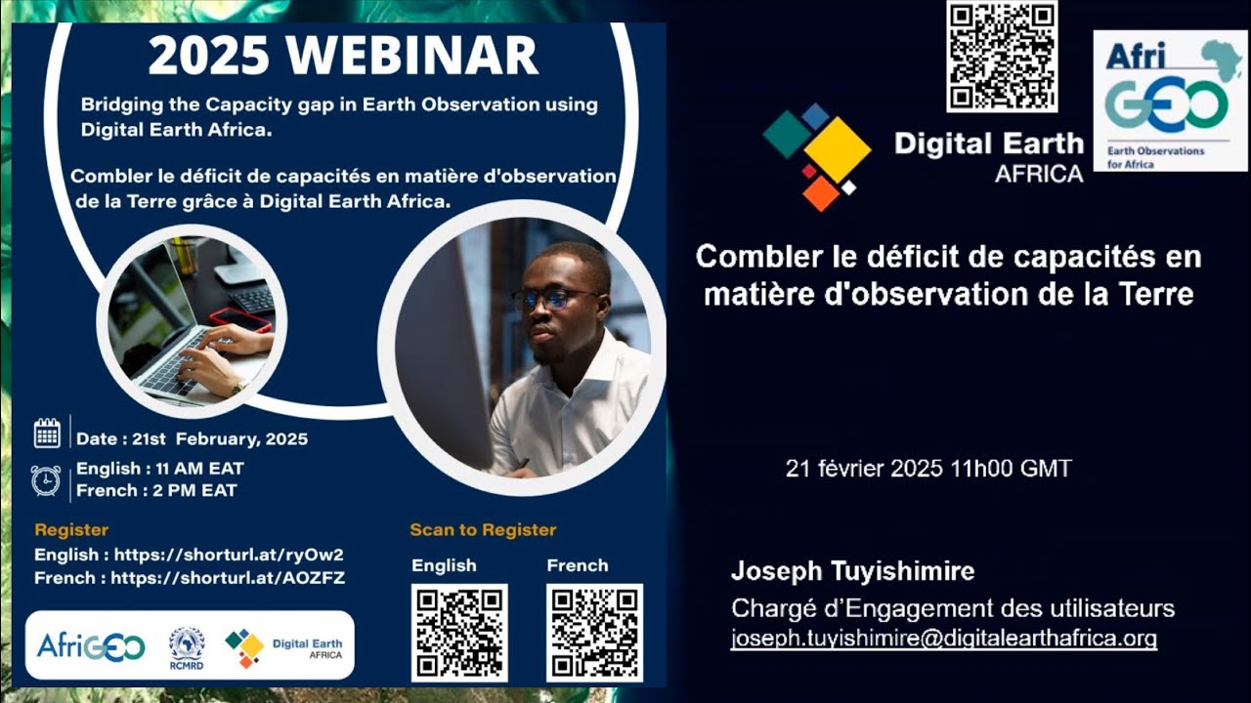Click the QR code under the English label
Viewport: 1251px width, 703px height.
[x=459, y=632]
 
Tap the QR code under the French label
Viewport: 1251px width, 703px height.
[x=594, y=632]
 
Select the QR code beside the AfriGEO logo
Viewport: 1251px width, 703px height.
[x=1002, y=56]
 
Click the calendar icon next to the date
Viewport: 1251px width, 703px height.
[x=47, y=433]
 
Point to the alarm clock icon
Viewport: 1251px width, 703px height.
[x=46, y=480]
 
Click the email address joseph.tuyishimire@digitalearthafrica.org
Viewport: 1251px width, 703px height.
[x=943, y=640]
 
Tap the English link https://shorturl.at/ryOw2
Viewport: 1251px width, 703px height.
[x=229, y=555]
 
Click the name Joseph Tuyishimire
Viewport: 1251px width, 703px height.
[x=852, y=571]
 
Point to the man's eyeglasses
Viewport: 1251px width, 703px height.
[x=553, y=298]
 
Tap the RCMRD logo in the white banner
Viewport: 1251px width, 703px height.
[x=187, y=646]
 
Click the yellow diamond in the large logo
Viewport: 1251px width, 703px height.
[x=838, y=149]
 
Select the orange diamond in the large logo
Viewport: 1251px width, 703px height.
[x=821, y=192]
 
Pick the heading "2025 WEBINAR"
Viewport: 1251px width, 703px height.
[x=343, y=56]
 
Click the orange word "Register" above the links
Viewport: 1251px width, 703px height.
[x=71, y=530]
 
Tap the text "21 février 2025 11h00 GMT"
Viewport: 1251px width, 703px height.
[x=928, y=469]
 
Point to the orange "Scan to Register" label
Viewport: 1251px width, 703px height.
[x=483, y=530]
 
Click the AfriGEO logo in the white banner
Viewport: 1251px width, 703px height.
[x=91, y=646]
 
